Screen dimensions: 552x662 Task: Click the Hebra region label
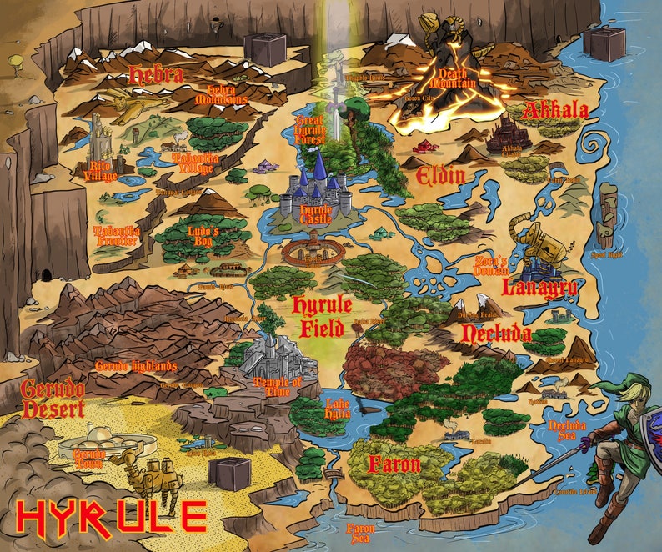[x=155, y=75]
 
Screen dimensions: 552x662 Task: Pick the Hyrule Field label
[x=321, y=315]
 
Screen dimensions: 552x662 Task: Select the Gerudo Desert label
[x=53, y=399]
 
